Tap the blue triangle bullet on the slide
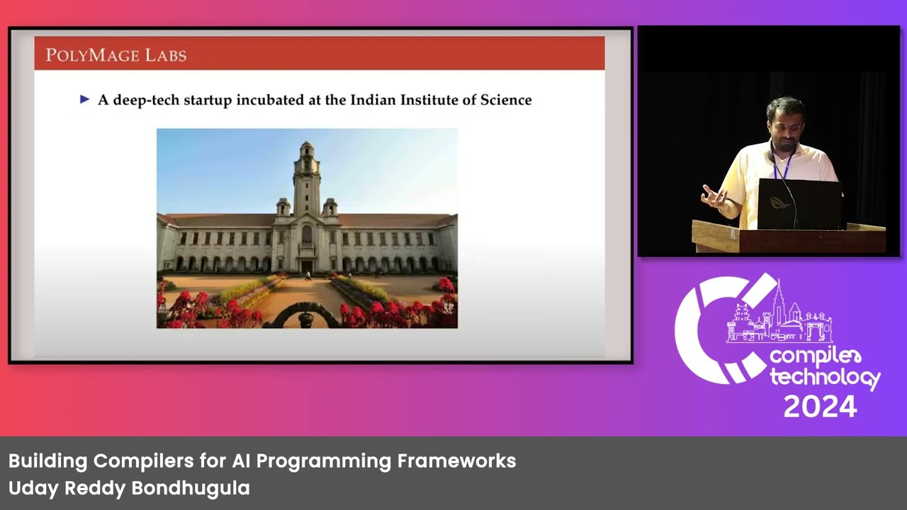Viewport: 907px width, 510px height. pos(85,100)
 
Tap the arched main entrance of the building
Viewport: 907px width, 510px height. pos(307,265)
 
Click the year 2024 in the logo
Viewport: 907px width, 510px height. pos(821,407)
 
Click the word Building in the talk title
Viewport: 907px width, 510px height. pos(47,461)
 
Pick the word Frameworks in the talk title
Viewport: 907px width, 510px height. pos(456,461)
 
